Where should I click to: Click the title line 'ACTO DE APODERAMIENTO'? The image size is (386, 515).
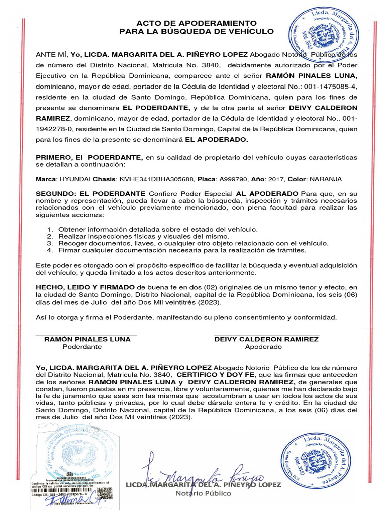click(x=197, y=23)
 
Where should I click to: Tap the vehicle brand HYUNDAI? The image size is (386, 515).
click(x=75, y=179)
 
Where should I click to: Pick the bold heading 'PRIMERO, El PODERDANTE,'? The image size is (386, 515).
click(x=89, y=157)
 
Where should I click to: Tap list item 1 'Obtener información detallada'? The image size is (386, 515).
click(x=158, y=229)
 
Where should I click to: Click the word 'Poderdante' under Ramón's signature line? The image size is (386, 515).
click(x=82, y=347)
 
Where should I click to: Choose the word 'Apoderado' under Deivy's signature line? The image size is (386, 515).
click(x=263, y=347)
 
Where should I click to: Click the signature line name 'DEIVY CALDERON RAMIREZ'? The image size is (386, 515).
click(x=266, y=339)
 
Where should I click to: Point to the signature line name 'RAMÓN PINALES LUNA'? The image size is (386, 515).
click(x=87, y=339)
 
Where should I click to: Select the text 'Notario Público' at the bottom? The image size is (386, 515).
click(x=204, y=493)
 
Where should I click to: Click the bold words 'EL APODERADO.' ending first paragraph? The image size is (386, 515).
click(x=217, y=139)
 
